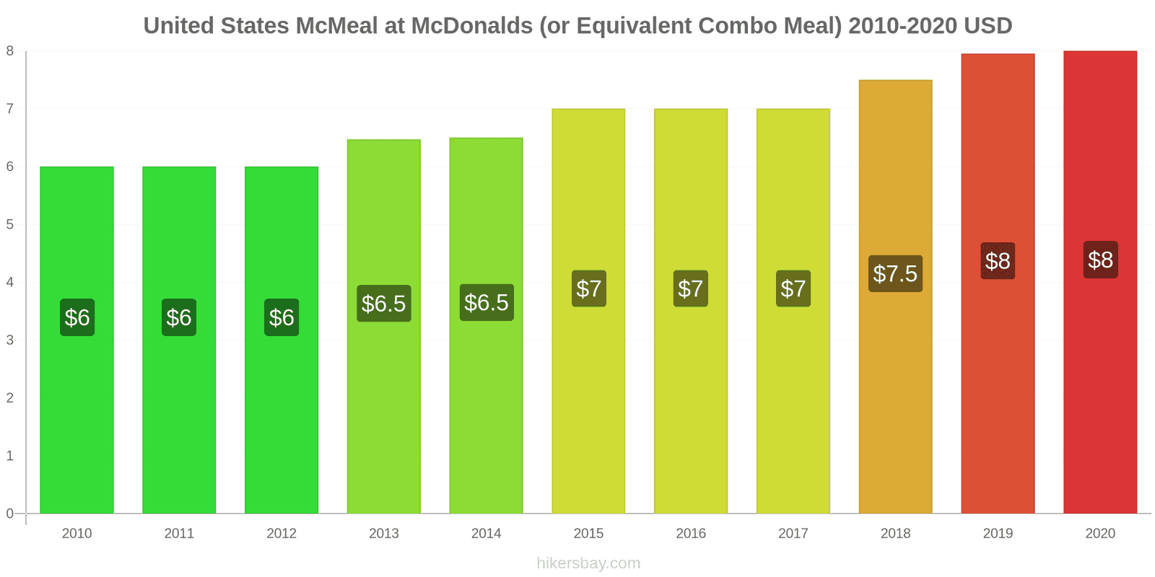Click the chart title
point(577,26)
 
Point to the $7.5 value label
point(895,273)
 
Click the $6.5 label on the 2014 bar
point(487,302)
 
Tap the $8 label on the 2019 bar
point(998,260)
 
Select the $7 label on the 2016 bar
point(691,288)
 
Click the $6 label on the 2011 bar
point(179,317)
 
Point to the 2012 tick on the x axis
point(282,534)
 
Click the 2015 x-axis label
point(588,534)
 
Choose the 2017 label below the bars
point(793,534)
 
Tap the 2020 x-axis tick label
point(1100,534)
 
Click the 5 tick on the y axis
point(10,224)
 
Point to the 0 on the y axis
point(10,514)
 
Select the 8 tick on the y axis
point(10,51)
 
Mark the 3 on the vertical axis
point(10,340)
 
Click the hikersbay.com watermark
point(588,563)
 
